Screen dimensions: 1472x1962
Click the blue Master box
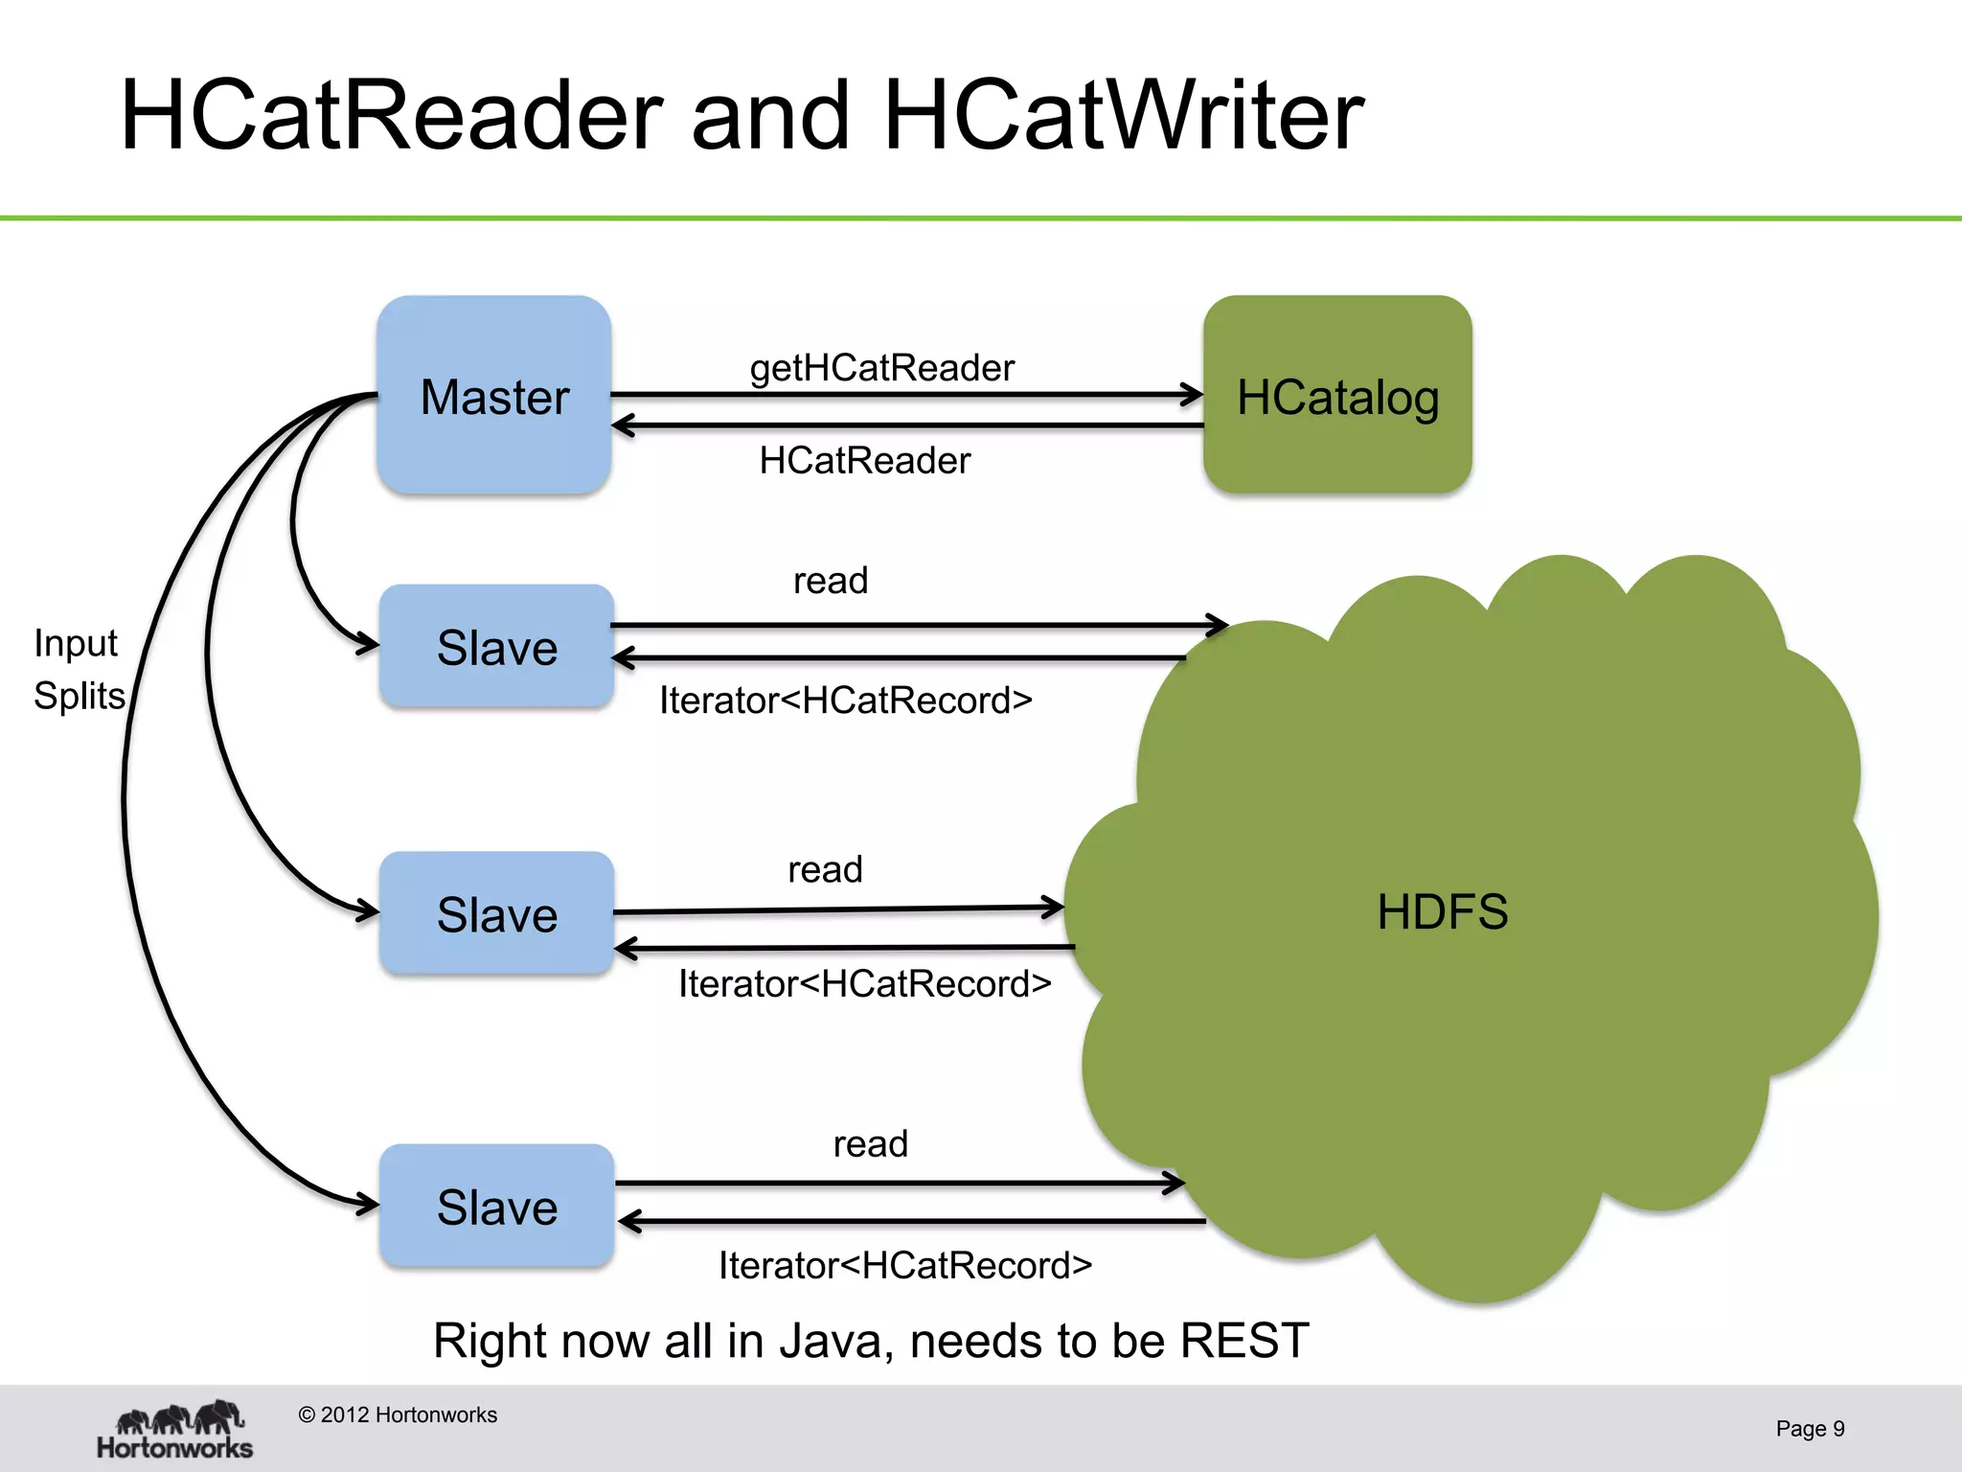[x=494, y=396]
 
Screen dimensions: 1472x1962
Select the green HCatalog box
[x=1337, y=396]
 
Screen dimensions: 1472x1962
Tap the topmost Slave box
[x=496, y=647]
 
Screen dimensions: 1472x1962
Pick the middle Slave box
[x=496, y=913]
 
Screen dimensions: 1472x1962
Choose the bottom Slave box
[x=496, y=1207]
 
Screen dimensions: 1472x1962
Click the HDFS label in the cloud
[x=1442, y=911]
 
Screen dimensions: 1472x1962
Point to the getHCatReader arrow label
[x=881, y=368]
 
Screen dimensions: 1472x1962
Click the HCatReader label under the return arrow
[x=864, y=461]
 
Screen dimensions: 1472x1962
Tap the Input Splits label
[x=79, y=669]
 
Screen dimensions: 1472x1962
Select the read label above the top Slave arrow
[x=831, y=581]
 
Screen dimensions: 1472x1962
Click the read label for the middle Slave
[x=825, y=870]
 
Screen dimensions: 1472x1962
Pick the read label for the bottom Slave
[x=870, y=1144]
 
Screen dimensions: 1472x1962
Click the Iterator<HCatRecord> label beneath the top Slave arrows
[x=845, y=701]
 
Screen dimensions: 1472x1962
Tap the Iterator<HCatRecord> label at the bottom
[x=905, y=1266]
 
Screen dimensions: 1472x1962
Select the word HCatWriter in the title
[x=1123, y=115]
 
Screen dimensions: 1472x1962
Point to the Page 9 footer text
[x=1810, y=1429]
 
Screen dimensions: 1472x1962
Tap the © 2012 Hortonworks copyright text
[x=398, y=1415]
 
